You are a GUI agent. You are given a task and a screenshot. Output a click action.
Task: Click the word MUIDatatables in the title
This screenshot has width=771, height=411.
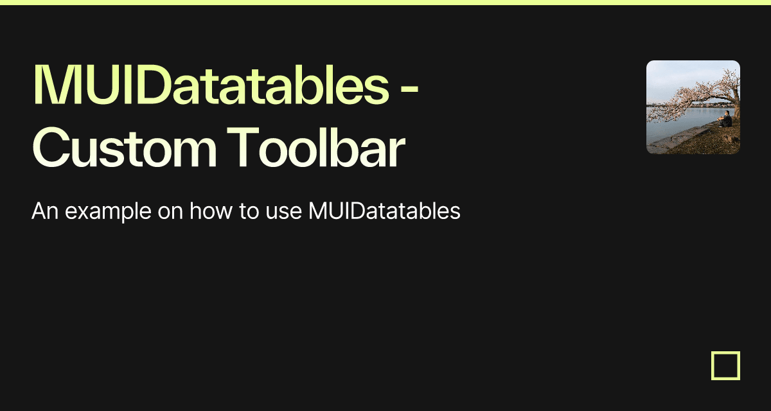pyautogui.click(x=211, y=84)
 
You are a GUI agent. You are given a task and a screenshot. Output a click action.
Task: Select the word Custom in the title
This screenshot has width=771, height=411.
pyautogui.click(x=125, y=148)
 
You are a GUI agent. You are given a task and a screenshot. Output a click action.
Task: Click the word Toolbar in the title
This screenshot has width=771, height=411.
pyautogui.click(x=315, y=148)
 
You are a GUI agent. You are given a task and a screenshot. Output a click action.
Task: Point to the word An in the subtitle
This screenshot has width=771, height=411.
pyautogui.click(x=45, y=211)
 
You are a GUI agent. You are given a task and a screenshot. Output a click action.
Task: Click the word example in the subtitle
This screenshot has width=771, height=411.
pyautogui.click(x=108, y=212)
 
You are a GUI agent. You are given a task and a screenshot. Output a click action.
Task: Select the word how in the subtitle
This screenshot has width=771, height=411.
pyautogui.click(x=211, y=211)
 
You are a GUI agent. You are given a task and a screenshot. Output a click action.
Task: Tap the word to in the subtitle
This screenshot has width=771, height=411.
pyautogui.click(x=249, y=211)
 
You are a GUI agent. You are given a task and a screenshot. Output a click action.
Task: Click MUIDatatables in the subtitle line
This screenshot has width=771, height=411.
pyautogui.click(x=384, y=211)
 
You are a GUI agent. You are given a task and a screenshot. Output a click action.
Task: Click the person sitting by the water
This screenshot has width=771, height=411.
pyautogui.click(x=725, y=119)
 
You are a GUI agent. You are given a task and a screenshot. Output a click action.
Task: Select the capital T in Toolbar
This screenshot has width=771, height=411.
pyautogui.click(x=243, y=147)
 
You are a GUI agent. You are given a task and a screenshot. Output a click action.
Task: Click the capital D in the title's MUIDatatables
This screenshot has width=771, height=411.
pyautogui.click(x=152, y=84)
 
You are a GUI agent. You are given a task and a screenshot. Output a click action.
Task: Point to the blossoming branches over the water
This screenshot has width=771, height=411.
pyautogui.click(x=685, y=98)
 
